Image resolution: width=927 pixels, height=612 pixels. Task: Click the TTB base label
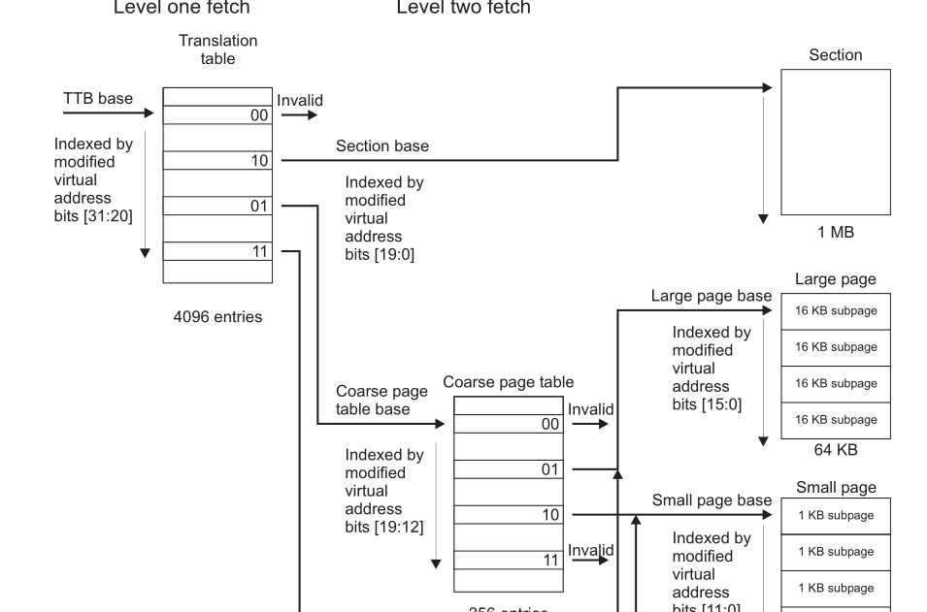pyautogui.click(x=98, y=99)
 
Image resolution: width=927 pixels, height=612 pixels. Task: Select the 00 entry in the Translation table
pyautogui.click(x=217, y=115)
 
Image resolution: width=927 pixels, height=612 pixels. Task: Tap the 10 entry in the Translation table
pyautogui.click(x=217, y=161)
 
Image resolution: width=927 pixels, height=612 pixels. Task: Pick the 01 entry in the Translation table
pyautogui.click(x=217, y=207)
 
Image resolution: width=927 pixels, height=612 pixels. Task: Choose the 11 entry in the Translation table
pyautogui.click(x=217, y=252)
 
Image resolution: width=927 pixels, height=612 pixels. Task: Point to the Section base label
pyautogui.click(x=382, y=146)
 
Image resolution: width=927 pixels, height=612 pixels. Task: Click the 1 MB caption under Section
pyautogui.click(x=835, y=233)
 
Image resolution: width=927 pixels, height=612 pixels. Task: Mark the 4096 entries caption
pyautogui.click(x=217, y=317)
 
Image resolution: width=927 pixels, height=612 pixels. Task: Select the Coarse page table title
pyautogui.click(x=509, y=382)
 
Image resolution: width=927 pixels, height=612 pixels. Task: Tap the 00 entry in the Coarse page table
pyautogui.click(x=509, y=425)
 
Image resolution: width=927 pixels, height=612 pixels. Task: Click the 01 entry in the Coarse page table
pyautogui.click(x=509, y=470)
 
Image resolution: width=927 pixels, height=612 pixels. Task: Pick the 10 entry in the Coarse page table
pyautogui.click(x=509, y=515)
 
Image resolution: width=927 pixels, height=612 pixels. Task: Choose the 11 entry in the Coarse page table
pyautogui.click(x=509, y=561)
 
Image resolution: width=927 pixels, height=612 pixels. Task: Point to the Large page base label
pyautogui.click(x=712, y=296)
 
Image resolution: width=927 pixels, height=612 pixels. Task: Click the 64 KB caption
pyautogui.click(x=835, y=450)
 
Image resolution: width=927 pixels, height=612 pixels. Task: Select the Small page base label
pyautogui.click(x=712, y=500)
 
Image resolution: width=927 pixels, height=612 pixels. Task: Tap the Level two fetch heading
pyautogui.click(x=464, y=8)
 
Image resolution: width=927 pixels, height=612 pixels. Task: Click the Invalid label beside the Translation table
pyautogui.click(x=300, y=100)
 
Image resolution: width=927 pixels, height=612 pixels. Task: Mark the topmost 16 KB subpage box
pyautogui.click(x=836, y=311)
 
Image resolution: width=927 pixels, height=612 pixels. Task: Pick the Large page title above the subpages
pyautogui.click(x=835, y=279)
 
